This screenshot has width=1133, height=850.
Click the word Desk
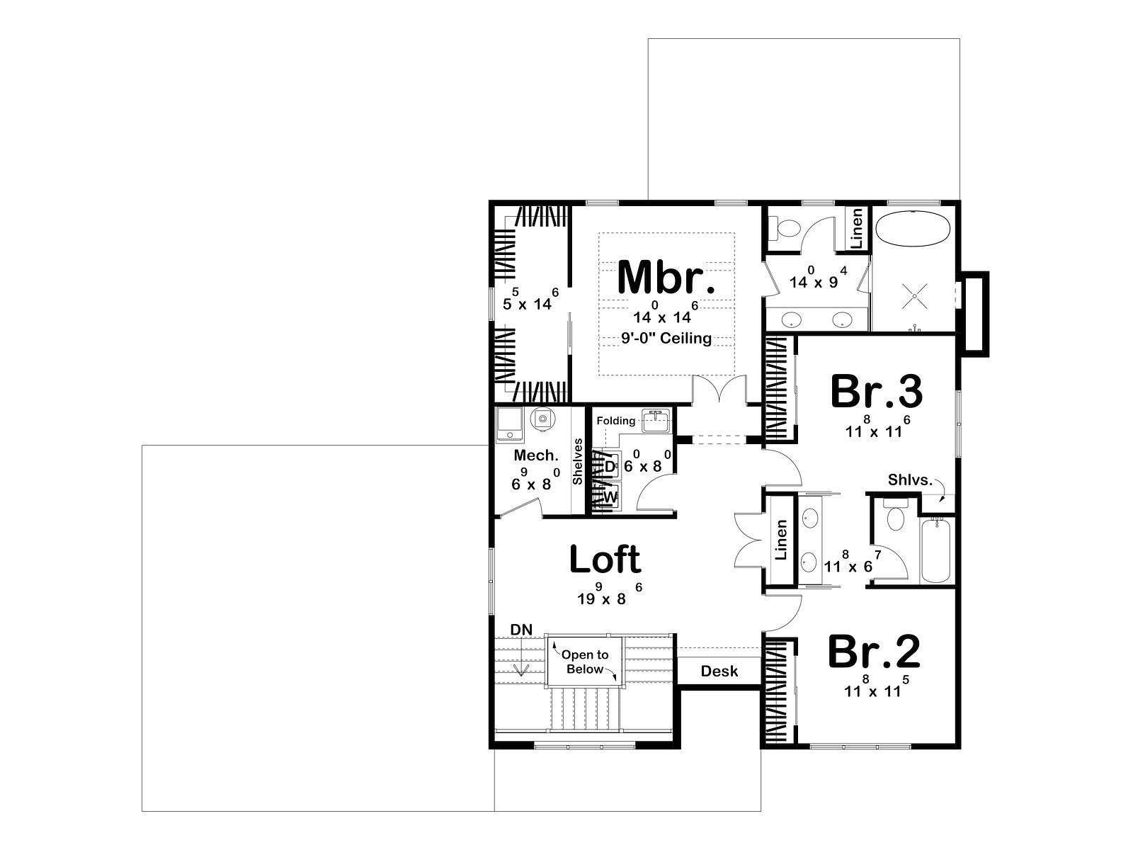click(719, 671)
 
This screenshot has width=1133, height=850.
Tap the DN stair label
click(521, 630)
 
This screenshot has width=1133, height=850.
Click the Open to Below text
click(585, 662)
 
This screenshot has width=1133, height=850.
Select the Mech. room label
click(536, 455)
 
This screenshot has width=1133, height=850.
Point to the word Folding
click(616, 421)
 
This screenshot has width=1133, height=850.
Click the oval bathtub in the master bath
click(913, 229)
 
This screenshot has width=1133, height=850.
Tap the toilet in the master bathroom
click(785, 228)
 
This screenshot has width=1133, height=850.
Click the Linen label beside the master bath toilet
click(856, 227)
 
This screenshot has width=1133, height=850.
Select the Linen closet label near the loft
click(781, 539)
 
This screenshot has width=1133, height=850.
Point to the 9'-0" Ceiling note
click(666, 338)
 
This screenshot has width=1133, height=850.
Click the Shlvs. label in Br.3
click(910, 480)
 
